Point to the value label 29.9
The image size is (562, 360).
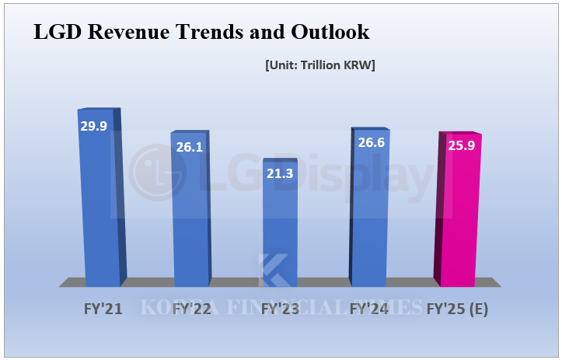[x=93, y=125]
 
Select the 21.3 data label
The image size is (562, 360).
[x=279, y=173]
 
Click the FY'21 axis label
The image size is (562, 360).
[x=103, y=309]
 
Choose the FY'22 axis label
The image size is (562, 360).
[x=191, y=309]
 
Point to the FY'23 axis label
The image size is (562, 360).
[x=281, y=309]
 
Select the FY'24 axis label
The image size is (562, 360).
[x=369, y=309]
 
